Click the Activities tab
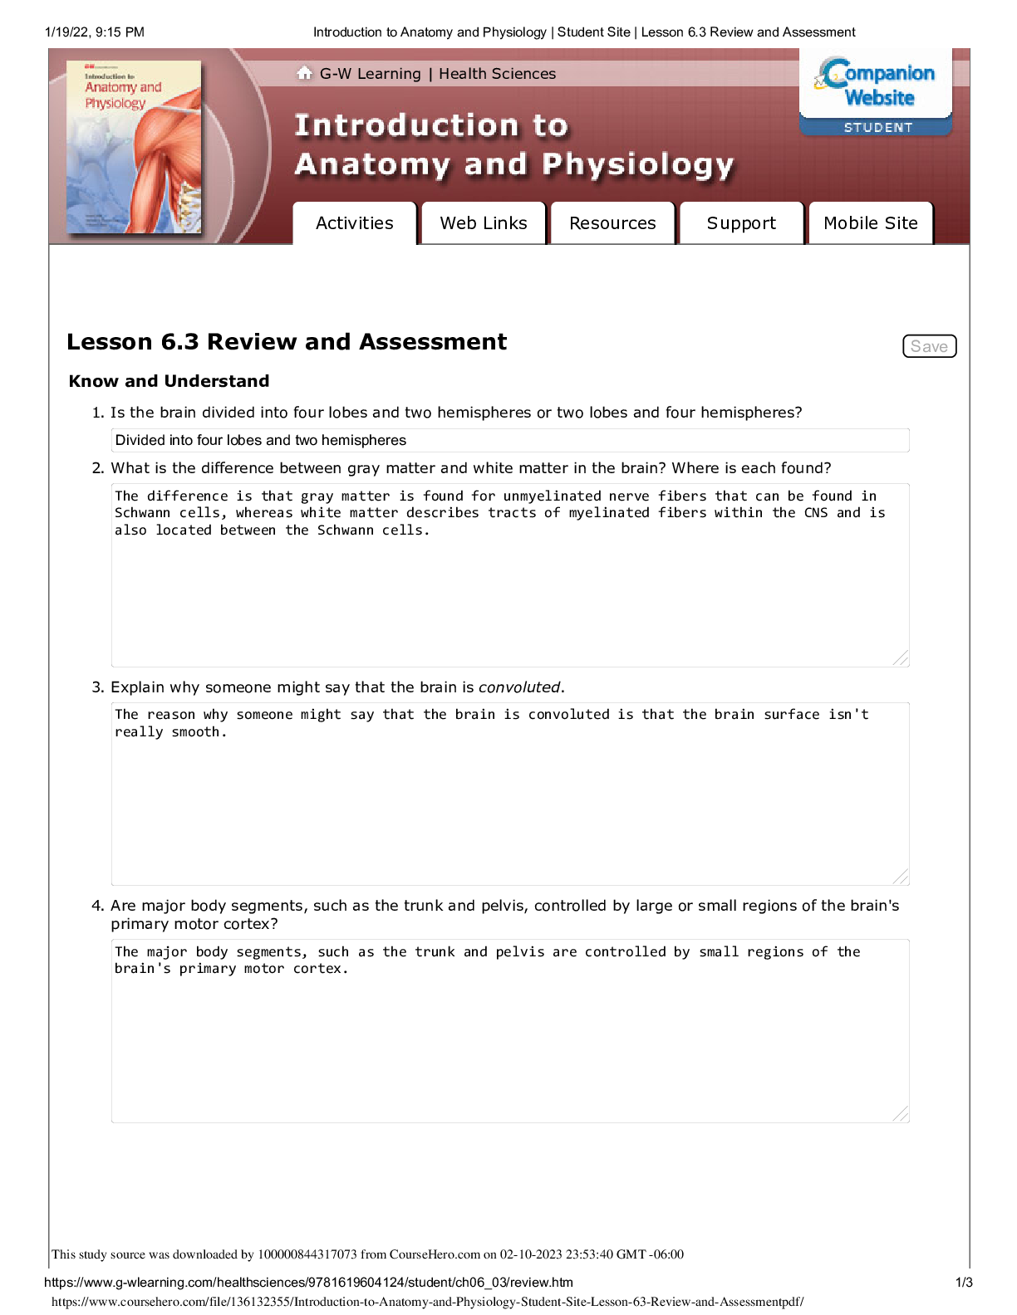[354, 223]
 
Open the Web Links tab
[484, 223]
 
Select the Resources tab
[612, 223]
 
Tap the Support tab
[741, 223]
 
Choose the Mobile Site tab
[870, 223]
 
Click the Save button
[929, 346]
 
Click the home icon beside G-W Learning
[304, 73]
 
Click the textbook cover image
[134, 147]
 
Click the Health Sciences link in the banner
[497, 74]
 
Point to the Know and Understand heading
[169, 381]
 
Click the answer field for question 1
[510, 440]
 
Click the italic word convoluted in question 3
[519, 687]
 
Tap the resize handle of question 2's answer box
[901, 658]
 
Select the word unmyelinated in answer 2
[552, 496]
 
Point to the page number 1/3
[964, 1283]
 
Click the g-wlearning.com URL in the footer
[308, 1283]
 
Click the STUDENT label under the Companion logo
[878, 128]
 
